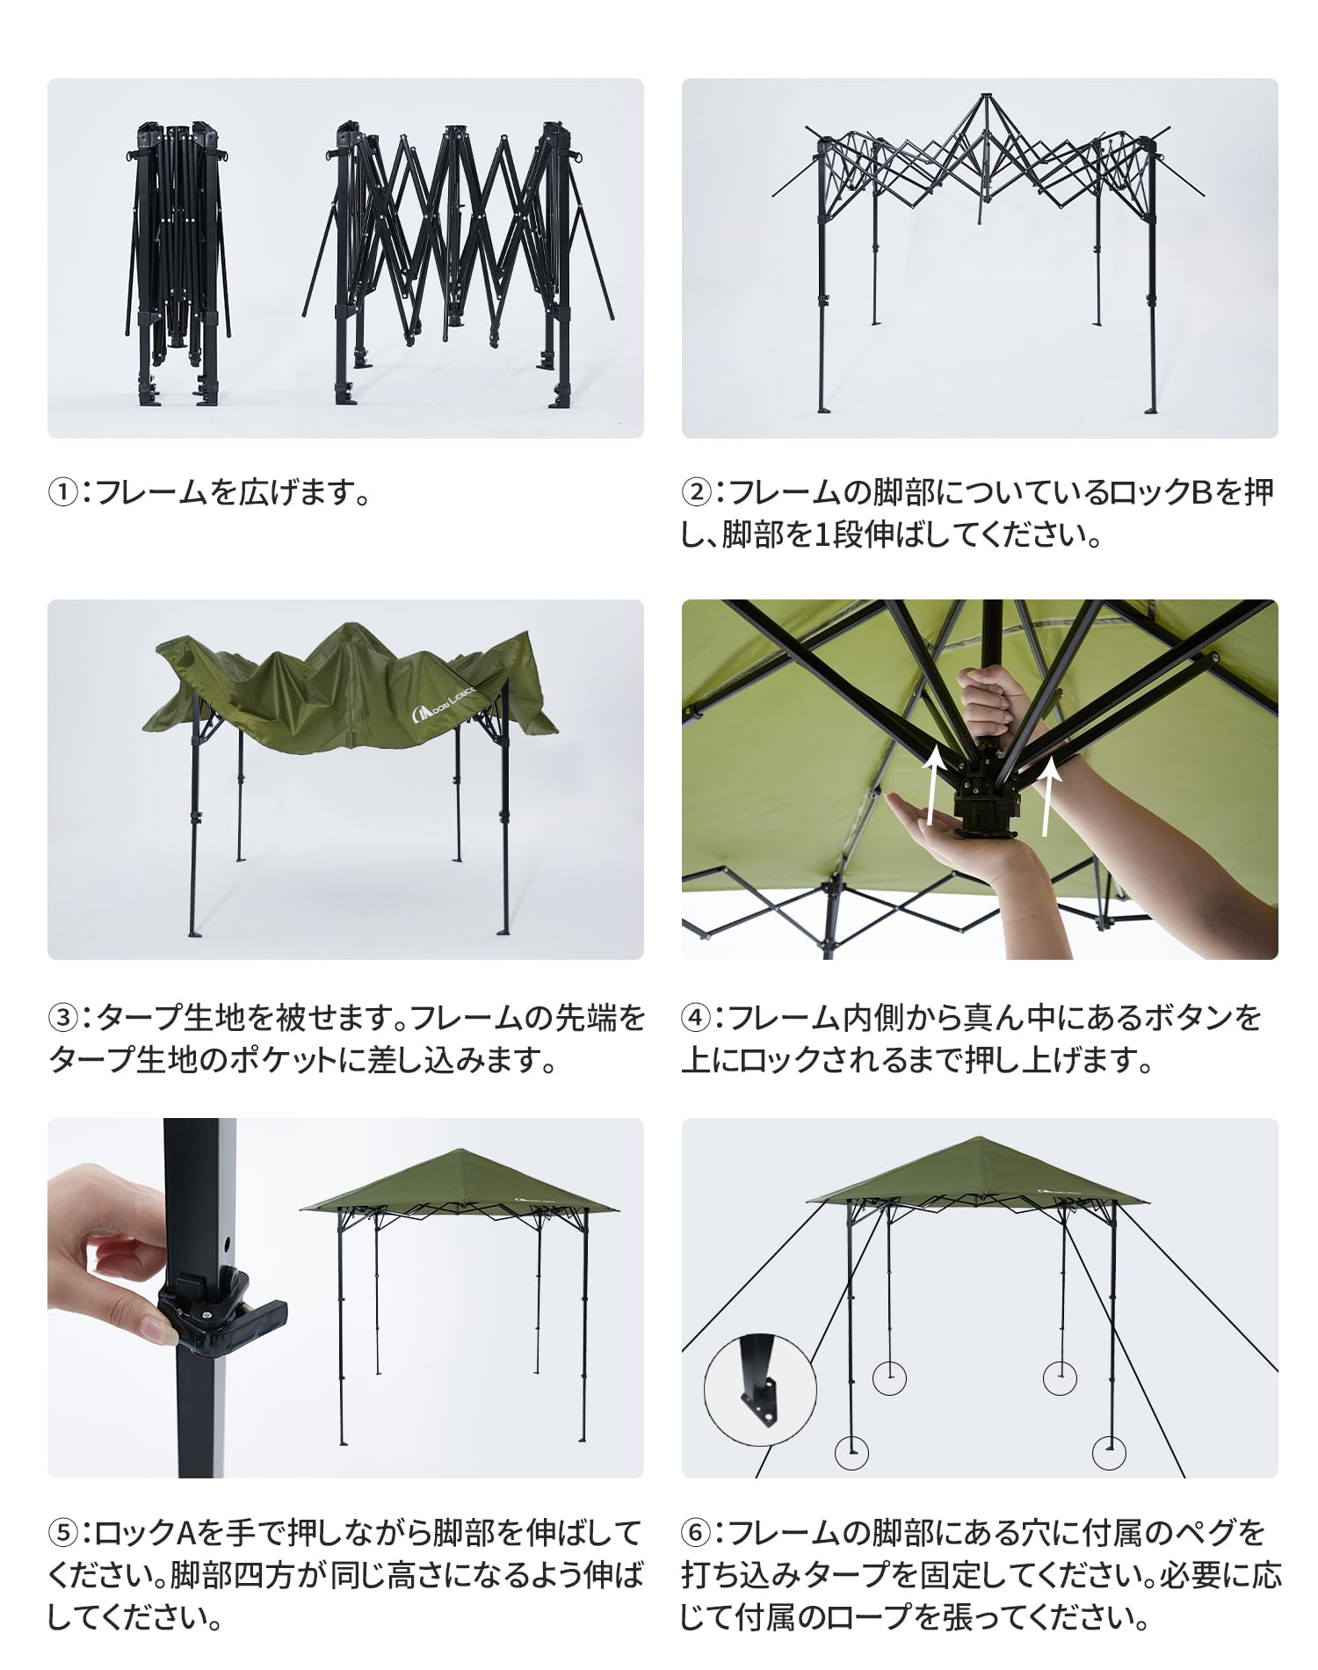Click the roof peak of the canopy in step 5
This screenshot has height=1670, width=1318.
458,1151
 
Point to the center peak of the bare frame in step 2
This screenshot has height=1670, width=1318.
985,95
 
